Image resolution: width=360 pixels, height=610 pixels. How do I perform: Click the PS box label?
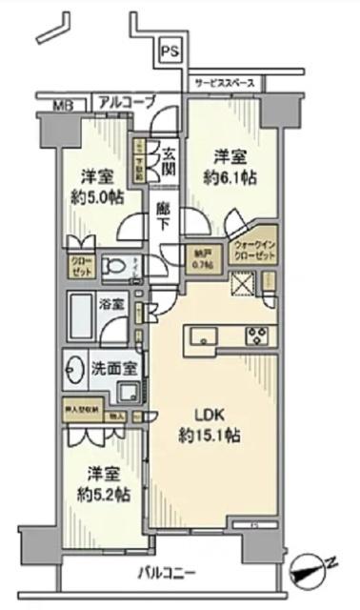click(169, 52)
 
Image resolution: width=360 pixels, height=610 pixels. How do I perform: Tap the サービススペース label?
click(224, 84)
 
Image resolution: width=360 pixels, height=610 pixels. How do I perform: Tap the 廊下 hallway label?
click(163, 215)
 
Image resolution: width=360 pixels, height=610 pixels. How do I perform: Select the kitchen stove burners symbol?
click(258, 335)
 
